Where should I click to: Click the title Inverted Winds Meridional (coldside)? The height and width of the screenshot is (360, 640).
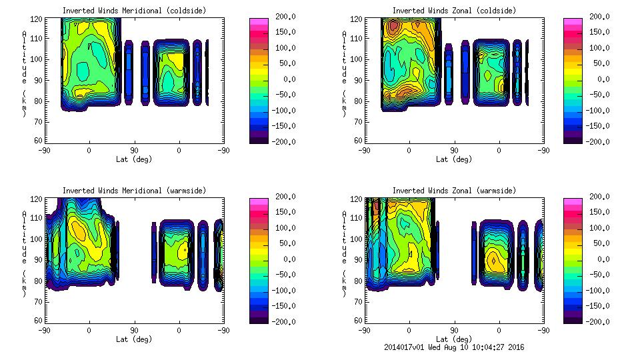(x=134, y=11)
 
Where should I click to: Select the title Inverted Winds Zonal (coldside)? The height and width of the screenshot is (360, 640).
(x=454, y=11)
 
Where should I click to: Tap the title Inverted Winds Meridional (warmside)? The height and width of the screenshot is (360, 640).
(x=134, y=191)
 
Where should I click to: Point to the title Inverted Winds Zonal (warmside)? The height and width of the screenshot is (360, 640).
(x=454, y=191)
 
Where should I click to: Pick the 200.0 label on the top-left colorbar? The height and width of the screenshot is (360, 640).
(x=283, y=17)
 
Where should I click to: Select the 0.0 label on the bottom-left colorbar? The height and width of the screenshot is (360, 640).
(x=285, y=259)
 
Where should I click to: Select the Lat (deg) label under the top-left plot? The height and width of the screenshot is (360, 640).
(x=134, y=159)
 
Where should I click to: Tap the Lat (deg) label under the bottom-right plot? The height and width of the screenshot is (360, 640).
(x=454, y=339)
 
